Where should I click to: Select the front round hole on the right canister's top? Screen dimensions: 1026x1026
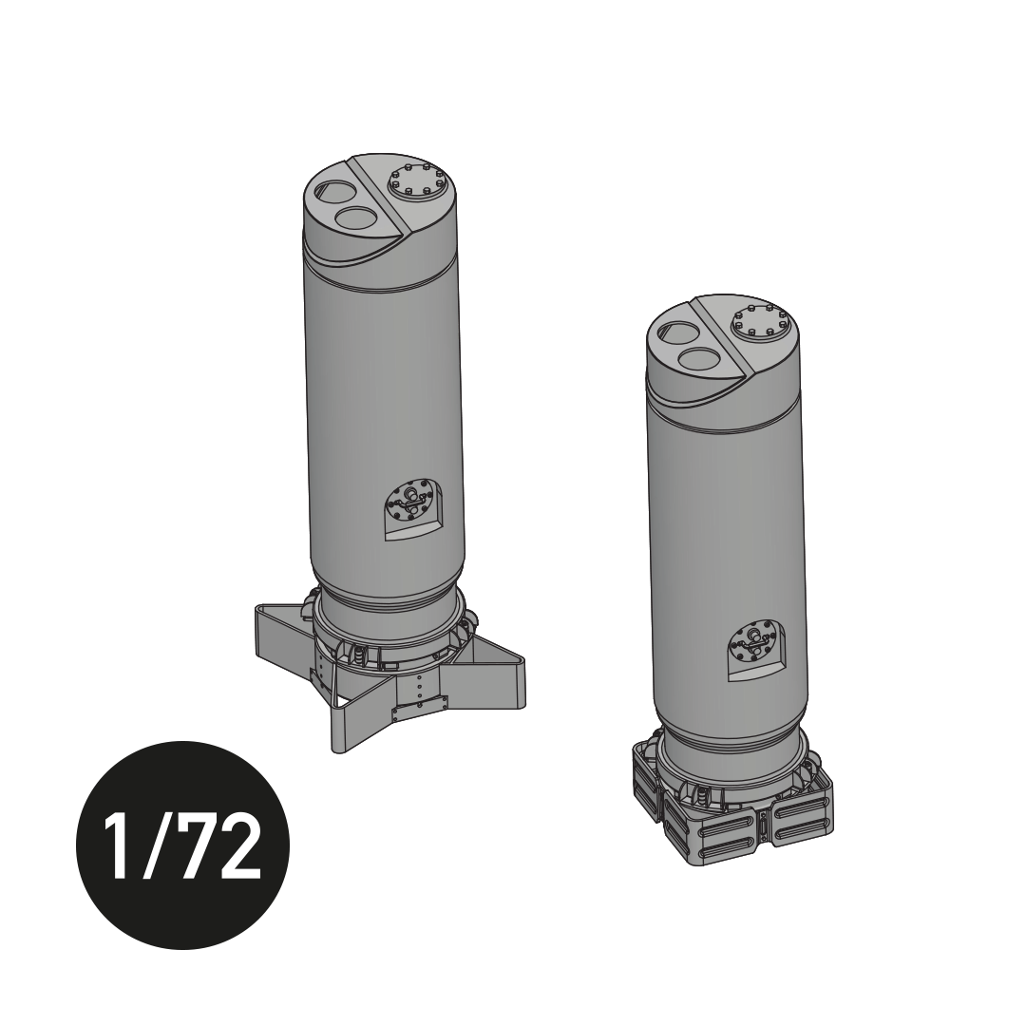(700, 360)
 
